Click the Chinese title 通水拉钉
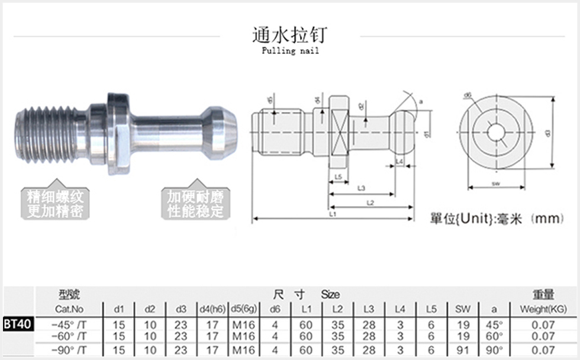(x=289, y=34)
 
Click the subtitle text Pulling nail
(x=290, y=51)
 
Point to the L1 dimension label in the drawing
(x=333, y=214)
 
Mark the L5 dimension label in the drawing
(x=338, y=177)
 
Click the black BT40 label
(x=18, y=324)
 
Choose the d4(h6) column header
(x=211, y=309)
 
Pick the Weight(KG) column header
(x=543, y=309)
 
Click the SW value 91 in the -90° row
(x=463, y=350)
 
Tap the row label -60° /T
(x=69, y=336)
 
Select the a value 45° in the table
(x=494, y=324)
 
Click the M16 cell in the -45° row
(x=243, y=324)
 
